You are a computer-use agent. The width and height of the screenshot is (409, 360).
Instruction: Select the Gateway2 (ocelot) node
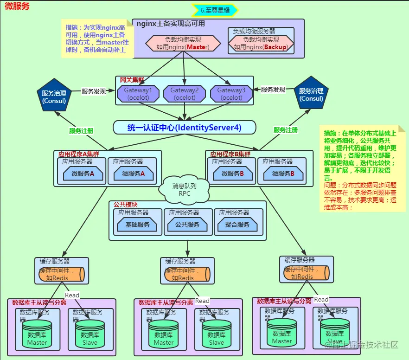[184, 94]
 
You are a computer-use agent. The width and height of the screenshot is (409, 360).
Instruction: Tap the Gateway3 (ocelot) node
[231, 94]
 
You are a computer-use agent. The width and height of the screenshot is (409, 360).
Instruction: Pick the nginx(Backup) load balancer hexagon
[261, 43]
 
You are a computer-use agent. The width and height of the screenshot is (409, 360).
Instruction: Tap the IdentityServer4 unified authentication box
[185, 128]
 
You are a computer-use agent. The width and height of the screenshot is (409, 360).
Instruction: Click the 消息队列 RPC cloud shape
[185, 189]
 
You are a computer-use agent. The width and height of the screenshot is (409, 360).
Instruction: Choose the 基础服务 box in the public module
[138, 225]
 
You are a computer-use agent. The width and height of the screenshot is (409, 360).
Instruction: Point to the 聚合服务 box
[237, 225]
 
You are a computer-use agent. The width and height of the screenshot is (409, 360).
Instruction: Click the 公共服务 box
[187, 225]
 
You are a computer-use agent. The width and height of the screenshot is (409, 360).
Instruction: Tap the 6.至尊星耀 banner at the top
[215, 10]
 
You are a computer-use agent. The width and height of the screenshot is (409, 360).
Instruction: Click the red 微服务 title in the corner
[17, 6]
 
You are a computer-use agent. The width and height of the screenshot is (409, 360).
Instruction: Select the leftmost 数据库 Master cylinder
[37, 334]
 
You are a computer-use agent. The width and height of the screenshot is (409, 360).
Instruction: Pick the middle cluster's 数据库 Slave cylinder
[217, 334]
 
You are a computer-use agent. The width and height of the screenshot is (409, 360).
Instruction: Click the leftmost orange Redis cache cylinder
[61, 274]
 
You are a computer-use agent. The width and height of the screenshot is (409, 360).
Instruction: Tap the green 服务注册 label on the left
[81, 131]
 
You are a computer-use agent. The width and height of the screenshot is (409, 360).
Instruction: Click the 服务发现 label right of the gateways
[273, 90]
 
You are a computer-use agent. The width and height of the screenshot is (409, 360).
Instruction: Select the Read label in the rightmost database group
[321, 299]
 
